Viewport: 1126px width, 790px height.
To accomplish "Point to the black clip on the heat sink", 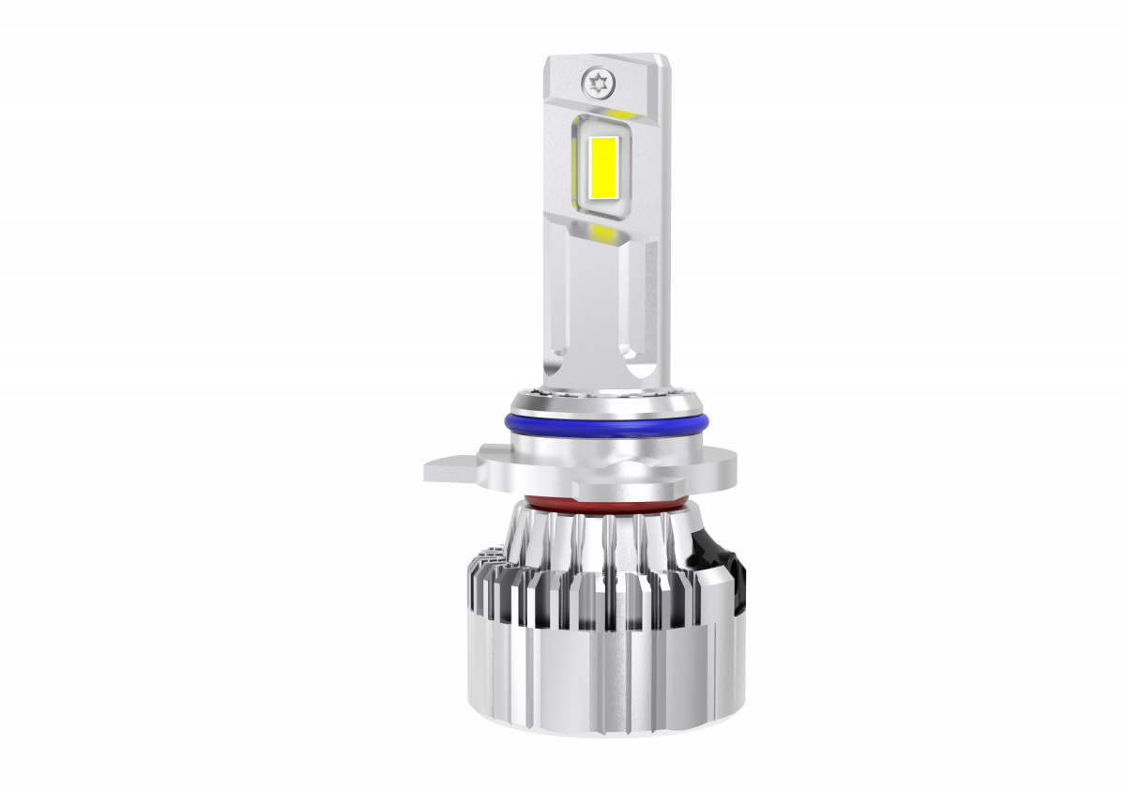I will (723, 559).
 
